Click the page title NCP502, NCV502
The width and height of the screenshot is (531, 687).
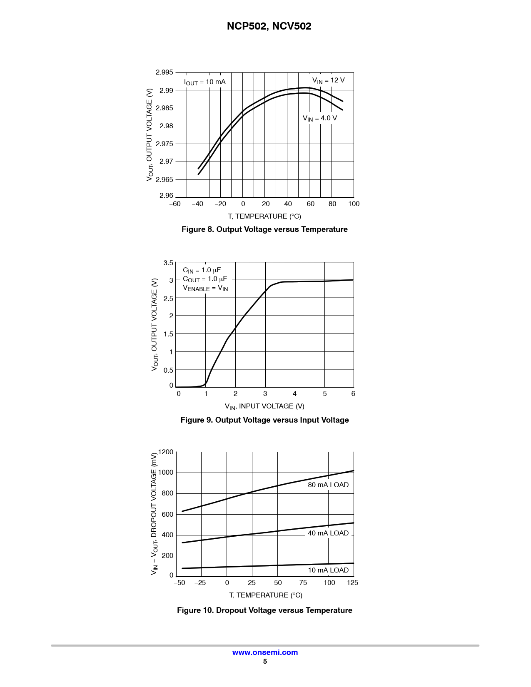point(269,26)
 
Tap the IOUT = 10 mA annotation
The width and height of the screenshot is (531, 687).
point(205,82)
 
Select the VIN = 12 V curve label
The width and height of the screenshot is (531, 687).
point(329,80)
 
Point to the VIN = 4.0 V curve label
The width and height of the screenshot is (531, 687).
point(320,118)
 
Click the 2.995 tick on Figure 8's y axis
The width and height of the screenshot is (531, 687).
point(164,72)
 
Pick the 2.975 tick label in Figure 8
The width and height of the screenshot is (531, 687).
point(164,144)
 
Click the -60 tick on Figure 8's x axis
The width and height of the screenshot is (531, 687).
point(175,204)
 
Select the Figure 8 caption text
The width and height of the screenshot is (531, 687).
point(264,229)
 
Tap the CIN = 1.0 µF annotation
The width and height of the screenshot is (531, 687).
point(202,270)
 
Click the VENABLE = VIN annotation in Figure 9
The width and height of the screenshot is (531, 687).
point(205,288)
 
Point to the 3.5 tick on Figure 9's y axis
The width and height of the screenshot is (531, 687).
point(168,263)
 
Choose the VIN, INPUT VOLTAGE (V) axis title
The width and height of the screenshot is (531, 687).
point(264,406)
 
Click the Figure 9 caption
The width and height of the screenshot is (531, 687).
point(264,420)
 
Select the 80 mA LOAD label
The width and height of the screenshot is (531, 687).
point(328,485)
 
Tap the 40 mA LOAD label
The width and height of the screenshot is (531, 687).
point(328,533)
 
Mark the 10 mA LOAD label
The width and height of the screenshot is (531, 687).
point(328,570)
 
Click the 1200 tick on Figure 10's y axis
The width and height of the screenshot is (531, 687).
point(166,452)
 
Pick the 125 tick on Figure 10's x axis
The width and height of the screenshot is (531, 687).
point(352,583)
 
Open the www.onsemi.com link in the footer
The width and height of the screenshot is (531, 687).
point(265,652)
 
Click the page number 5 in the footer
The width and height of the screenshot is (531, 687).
point(265,662)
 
